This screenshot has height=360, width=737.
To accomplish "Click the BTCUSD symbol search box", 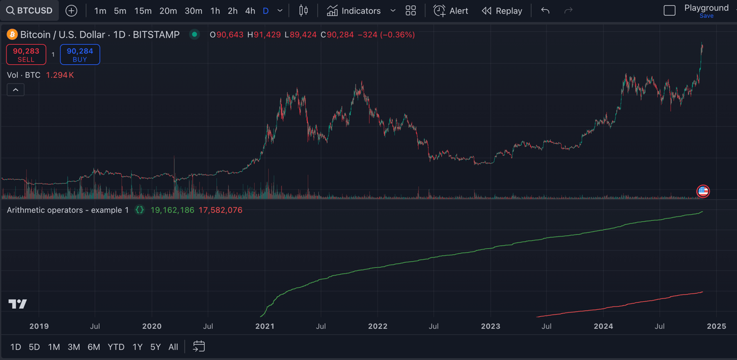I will pos(30,11).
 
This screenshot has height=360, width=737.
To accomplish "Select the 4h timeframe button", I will pos(250,11).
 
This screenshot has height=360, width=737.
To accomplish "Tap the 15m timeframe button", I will pos(143,11).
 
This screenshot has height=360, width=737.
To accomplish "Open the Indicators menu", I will pos(354,11).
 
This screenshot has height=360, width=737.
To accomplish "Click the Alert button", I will pos(451,11).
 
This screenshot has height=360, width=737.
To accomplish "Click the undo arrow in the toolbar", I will pos(545,11).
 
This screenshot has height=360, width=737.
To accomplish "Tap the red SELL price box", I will pos(26,55).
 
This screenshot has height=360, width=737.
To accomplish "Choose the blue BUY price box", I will pos(80,55).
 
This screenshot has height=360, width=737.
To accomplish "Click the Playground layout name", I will pos(706,8).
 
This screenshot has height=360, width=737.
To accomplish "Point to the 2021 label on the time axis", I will pos(265,326).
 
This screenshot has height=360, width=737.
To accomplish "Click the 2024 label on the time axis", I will pos(603,326).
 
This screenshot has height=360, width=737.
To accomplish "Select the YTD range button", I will pos(116,347).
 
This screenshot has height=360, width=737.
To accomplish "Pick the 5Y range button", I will pos(155,347).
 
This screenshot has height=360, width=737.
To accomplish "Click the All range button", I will pos(173,347).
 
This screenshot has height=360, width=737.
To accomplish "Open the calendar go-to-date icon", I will pos(199,347).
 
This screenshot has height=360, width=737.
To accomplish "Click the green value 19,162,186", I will pos(172,210).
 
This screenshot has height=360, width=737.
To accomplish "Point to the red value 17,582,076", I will pos(220,210).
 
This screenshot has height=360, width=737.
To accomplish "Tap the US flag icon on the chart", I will pos(703,191).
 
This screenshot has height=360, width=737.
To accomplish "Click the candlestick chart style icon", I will pos(304,11).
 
